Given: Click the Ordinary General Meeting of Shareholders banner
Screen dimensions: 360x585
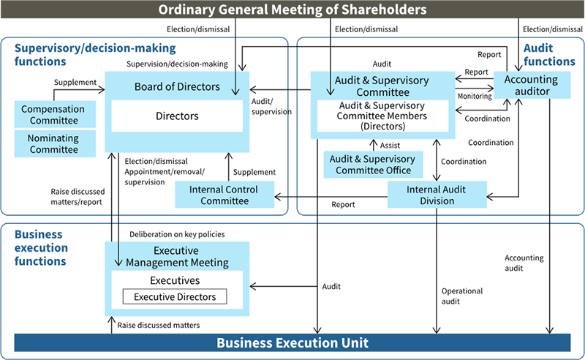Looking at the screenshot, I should coord(292,10).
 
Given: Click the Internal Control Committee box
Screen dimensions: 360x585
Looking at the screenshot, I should coord(224,195).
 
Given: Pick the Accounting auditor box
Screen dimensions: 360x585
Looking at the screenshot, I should coord(532,85).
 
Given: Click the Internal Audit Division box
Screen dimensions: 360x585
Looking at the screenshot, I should coord(436,195).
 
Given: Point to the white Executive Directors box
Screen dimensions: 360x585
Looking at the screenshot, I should coord(175,296).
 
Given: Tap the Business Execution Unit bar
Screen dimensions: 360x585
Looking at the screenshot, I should coord(292,342).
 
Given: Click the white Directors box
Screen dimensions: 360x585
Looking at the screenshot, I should coord(177,116).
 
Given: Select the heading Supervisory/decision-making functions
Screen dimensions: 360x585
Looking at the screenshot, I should coord(95,54).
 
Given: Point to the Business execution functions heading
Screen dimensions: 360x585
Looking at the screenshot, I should coord(42,248).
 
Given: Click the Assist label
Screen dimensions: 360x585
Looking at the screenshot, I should coord(390,145).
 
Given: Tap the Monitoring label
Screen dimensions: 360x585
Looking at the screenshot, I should coord(475,96).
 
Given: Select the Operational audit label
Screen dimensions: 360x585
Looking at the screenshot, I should coord(462,296).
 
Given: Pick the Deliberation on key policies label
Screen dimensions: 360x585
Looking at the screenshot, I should coord(177,234).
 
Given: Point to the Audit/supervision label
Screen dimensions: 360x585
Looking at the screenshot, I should coord(271,107).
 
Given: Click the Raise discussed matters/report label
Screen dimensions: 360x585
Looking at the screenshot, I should coord(77,196).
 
